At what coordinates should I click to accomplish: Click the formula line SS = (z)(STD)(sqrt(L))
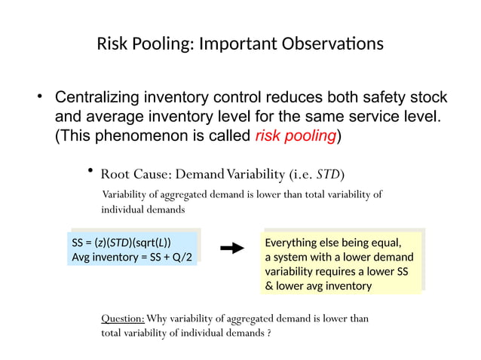[x=121, y=243]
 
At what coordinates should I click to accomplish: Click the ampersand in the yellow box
[x=269, y=286]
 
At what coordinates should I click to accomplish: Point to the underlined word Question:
[x=123, y=319]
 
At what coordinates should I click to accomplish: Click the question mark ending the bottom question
[x=270, y=333]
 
